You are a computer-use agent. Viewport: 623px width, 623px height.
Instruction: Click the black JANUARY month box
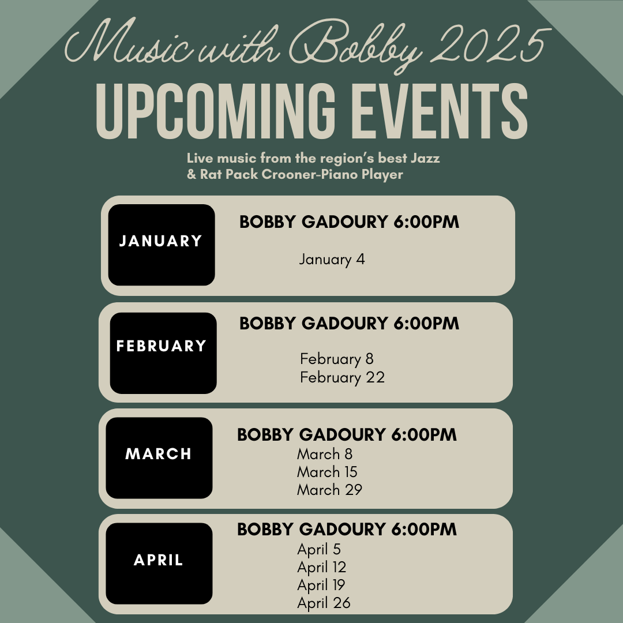tap(162, 245)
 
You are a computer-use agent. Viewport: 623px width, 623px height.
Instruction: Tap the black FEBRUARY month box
tap(163, 353)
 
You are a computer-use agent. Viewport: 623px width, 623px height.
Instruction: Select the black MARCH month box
tap(159, 457)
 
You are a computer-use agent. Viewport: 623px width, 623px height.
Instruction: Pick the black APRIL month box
tap(159, 564)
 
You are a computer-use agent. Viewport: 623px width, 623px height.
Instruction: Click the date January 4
tap(332, 260)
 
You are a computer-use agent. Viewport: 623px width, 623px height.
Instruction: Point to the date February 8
tap(336, 359)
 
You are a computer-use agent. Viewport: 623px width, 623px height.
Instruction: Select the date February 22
tap(342, 377)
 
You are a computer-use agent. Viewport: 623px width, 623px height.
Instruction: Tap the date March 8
tap(325, 454)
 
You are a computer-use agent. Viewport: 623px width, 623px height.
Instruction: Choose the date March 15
tap(327, 472)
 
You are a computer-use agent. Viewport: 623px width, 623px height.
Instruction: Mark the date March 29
tap(329, 490)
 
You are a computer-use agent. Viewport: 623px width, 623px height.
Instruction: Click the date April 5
tap(318, 550)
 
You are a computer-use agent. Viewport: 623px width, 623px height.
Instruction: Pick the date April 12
tap(321, 568)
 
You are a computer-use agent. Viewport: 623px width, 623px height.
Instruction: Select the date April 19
tap(321, 586)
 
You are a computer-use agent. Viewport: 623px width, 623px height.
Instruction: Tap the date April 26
tap(324, 603)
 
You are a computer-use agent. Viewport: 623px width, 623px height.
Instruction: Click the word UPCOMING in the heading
tap(215, 111)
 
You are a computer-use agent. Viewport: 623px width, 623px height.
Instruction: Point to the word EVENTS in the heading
tap(440, 111)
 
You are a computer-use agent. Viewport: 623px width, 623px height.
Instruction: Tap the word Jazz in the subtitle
tap(425, 158)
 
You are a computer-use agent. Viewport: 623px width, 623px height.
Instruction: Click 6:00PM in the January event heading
tap(426, 222)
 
